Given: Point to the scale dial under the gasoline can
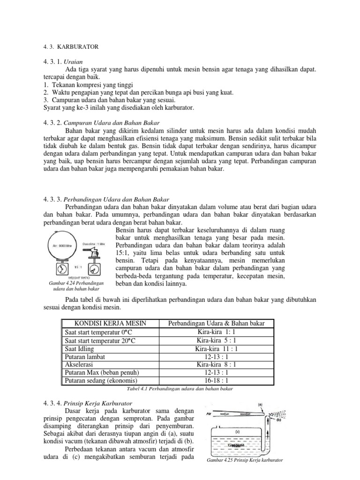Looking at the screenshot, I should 94,269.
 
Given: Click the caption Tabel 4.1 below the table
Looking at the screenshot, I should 180,389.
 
